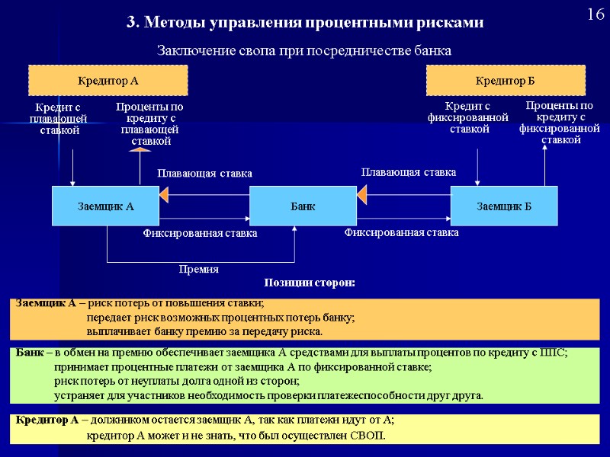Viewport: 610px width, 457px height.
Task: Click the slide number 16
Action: [x=595, y=15]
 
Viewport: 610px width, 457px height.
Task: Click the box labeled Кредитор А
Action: [x=108, y=80]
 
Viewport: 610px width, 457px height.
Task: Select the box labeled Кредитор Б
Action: [x=505, y=80]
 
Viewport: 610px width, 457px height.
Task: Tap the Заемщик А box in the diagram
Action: [x=105, y=206]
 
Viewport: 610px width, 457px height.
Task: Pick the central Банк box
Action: [x=303, y=206]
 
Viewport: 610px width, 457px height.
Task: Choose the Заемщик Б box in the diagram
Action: [x=504, y=206]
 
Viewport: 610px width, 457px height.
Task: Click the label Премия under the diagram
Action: [x=197, y=269]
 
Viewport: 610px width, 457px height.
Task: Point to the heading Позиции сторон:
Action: [x=310, y=283]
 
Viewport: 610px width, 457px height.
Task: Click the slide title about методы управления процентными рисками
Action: [x=305, y=23]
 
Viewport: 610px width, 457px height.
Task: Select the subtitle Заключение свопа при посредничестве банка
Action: [x=304, y=51]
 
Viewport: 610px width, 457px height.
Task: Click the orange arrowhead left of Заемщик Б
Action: [x=361, y=197]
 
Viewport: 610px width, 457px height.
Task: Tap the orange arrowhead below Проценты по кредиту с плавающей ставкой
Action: [x=139, y=150]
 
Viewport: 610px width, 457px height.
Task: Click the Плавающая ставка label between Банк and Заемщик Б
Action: [x=408, y=173]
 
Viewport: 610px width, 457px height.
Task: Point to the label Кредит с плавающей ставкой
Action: [x=59, y=119]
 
